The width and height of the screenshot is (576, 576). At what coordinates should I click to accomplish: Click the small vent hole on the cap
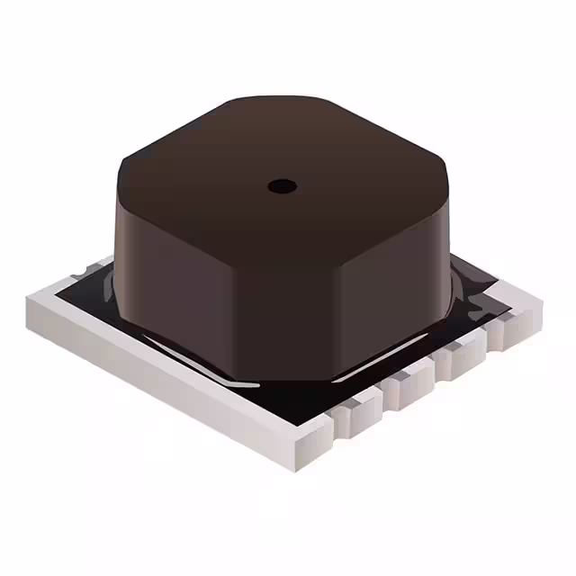click(x=283, y=186)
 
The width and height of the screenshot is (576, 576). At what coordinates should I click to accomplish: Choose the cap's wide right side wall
click(x=396, y=279)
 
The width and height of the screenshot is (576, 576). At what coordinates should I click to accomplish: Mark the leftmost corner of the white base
click(x=31, y=297)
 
